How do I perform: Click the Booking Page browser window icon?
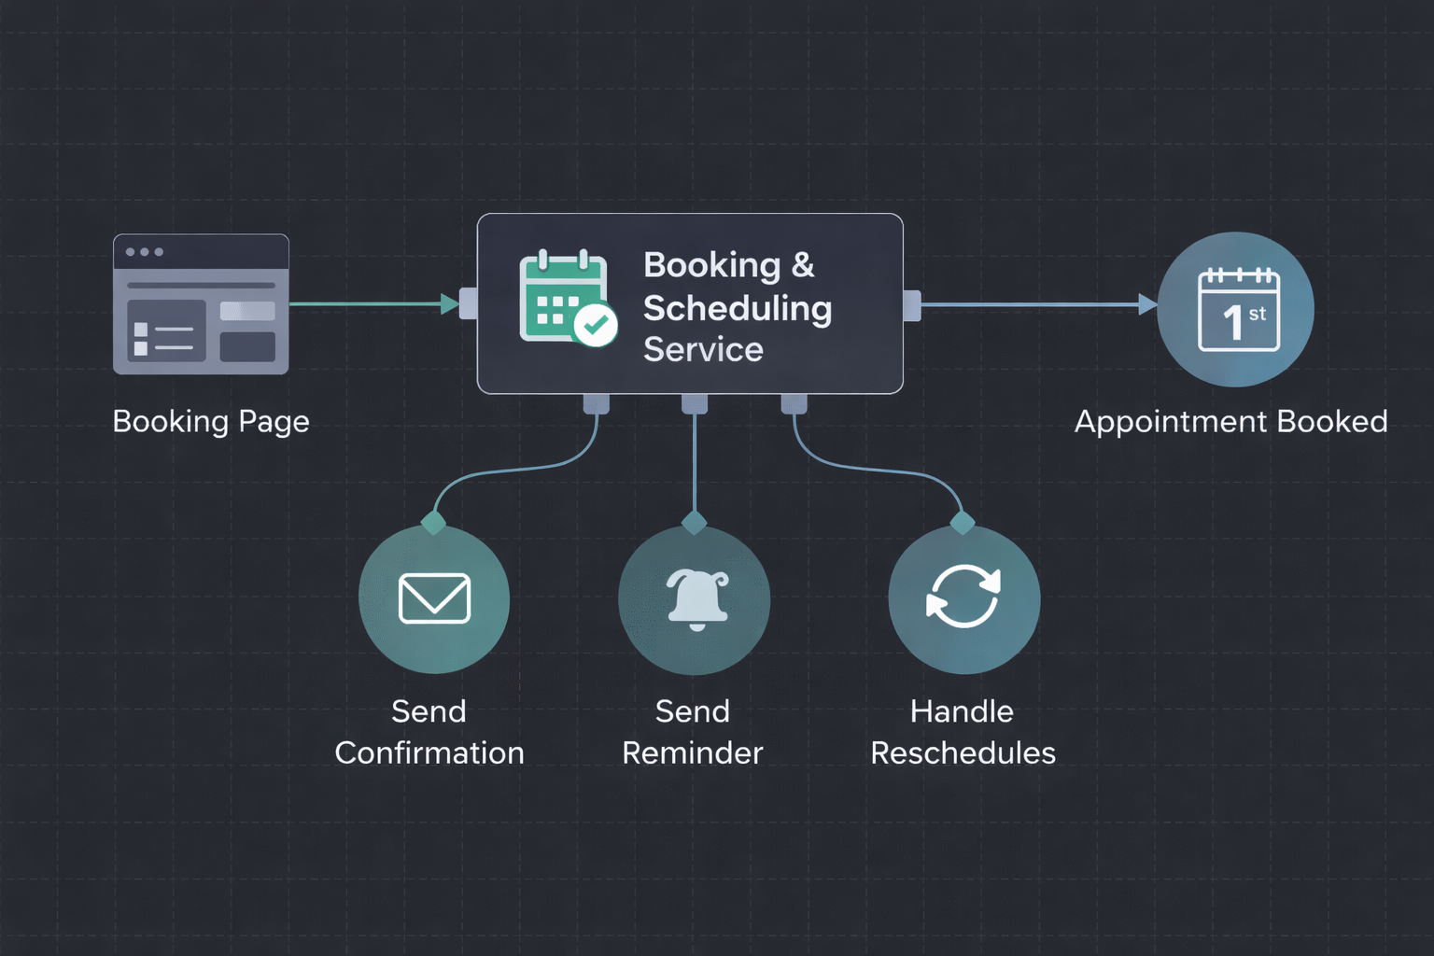click(201, 304)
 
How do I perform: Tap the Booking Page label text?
click(211, 421)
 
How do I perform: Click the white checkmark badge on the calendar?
click(595, 325)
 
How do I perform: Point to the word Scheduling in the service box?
click(738, 308)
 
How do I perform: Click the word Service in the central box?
click(703, 349)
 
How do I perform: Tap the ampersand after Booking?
click(803, 265)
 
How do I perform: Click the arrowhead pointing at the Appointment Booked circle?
click(1147, 304)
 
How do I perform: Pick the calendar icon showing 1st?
click(1238, 309)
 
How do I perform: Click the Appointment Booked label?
click(1230, 421)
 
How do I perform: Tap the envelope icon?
click(434, 597)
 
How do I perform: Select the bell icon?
click(696, 598)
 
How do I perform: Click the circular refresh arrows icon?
click(963, 597)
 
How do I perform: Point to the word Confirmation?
click(429, 752)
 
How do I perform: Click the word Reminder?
click(693, 752)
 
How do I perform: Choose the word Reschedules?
click(963, 752)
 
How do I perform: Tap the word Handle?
click(962, 711)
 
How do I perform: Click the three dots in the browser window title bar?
click(145, 252)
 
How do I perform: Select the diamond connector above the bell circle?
click(695, 522)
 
